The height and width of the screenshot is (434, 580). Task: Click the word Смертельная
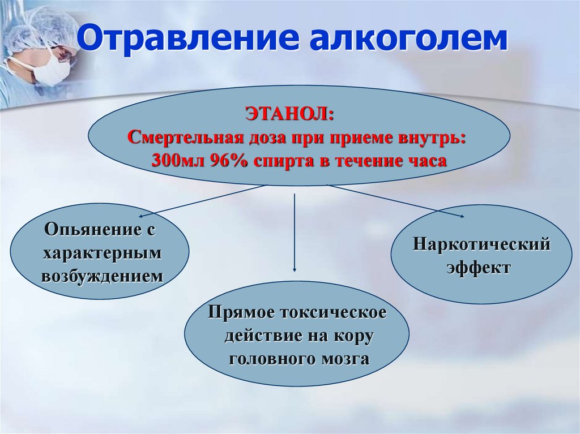point(184,137)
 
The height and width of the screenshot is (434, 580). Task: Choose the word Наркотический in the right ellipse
point(481,244)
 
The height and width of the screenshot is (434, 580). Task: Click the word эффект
point(479,267)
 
